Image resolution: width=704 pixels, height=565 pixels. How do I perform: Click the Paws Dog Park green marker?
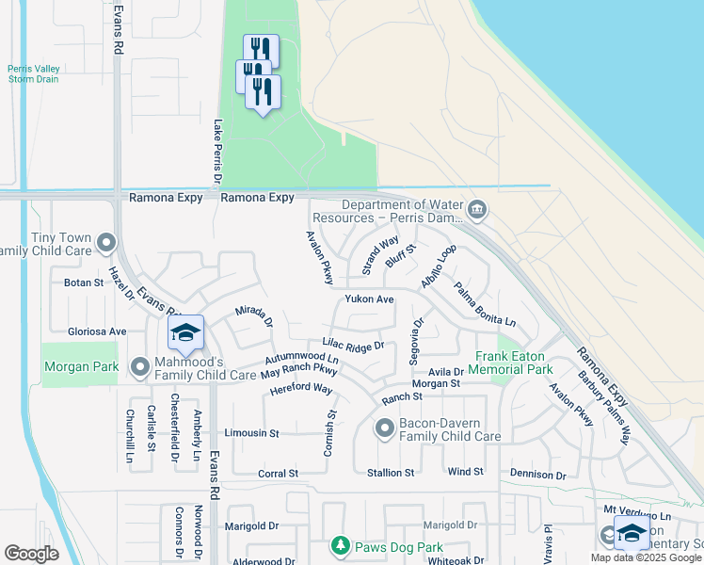(x=341, y=545)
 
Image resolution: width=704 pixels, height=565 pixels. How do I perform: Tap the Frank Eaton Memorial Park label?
(x=513, y=363)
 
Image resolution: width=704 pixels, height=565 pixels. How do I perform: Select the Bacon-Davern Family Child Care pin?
(x=384, y=429)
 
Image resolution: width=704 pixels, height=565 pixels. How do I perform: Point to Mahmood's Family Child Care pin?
(x=140, y=366)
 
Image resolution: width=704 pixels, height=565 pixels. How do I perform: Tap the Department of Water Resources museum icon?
(x=477, y=208)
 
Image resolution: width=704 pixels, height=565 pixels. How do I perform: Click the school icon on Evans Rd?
(x=186, y=332)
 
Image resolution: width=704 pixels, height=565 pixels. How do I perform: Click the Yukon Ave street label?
(x=369, y=299)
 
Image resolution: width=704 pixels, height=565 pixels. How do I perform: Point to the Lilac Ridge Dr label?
(x=353, y=346)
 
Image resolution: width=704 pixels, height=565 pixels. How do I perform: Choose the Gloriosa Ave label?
(x=97, y=331)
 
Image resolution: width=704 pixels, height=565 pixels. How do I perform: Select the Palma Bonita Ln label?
(x=485, y=303)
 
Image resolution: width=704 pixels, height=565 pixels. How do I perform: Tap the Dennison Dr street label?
(x=538, y=474)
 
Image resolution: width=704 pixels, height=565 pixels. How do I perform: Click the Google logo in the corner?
(x=31, y=554)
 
